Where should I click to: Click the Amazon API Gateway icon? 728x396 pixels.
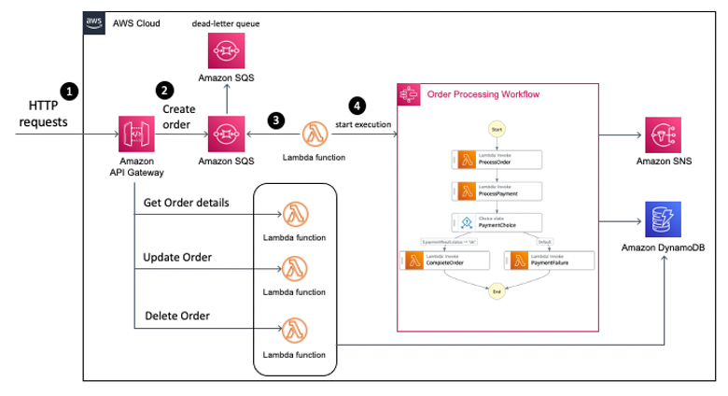click(x=136, y=134)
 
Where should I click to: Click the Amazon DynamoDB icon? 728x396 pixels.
click(x=663, y=220)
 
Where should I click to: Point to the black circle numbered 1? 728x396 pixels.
click(x=69, y=91)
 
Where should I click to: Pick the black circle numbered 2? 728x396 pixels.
click(x=165, y=91)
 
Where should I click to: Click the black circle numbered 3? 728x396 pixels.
click(x=274, y=120)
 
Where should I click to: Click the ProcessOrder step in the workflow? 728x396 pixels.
click(x=496, y=160)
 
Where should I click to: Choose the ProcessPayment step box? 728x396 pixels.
click(x=496, y=191)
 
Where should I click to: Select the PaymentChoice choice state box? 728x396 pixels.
click(x=496, y=222)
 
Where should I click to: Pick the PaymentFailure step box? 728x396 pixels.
click(x=549, y=261)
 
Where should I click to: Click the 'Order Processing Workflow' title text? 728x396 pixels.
click(x=483, y=94)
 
